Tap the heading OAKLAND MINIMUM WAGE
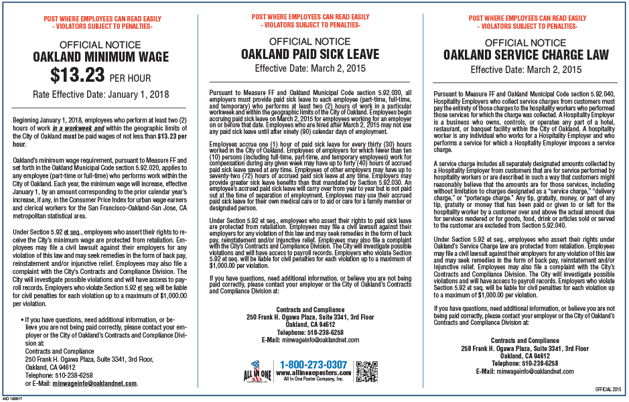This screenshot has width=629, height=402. pos(100,57)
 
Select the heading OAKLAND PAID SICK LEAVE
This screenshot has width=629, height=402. pos(309,54)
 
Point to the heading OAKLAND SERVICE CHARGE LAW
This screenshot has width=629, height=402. pos(525,54)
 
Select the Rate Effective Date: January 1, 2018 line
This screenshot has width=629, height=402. pos(100,94)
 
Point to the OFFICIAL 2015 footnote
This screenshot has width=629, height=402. pos(608,389)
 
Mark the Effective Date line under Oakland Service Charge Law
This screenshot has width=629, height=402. pos(525,69)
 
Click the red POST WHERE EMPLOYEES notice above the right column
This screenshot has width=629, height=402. pos(525,21)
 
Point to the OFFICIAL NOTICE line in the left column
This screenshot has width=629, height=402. pos(100,45)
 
